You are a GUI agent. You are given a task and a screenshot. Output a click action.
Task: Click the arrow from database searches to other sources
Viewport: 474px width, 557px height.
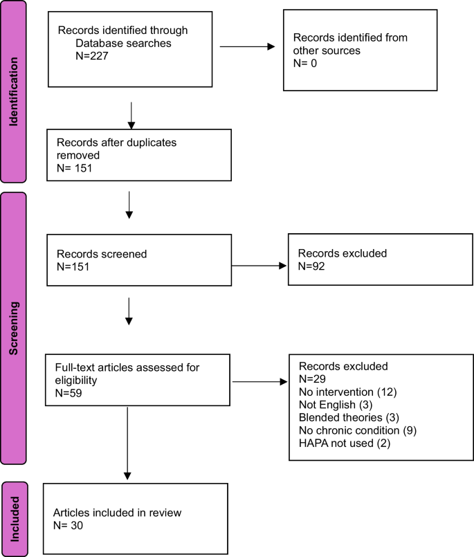(247, 47)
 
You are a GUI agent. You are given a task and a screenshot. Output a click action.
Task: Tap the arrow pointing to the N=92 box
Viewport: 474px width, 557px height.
(259, 265)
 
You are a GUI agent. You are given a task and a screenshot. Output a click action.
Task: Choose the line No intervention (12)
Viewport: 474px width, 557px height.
(343, 392)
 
